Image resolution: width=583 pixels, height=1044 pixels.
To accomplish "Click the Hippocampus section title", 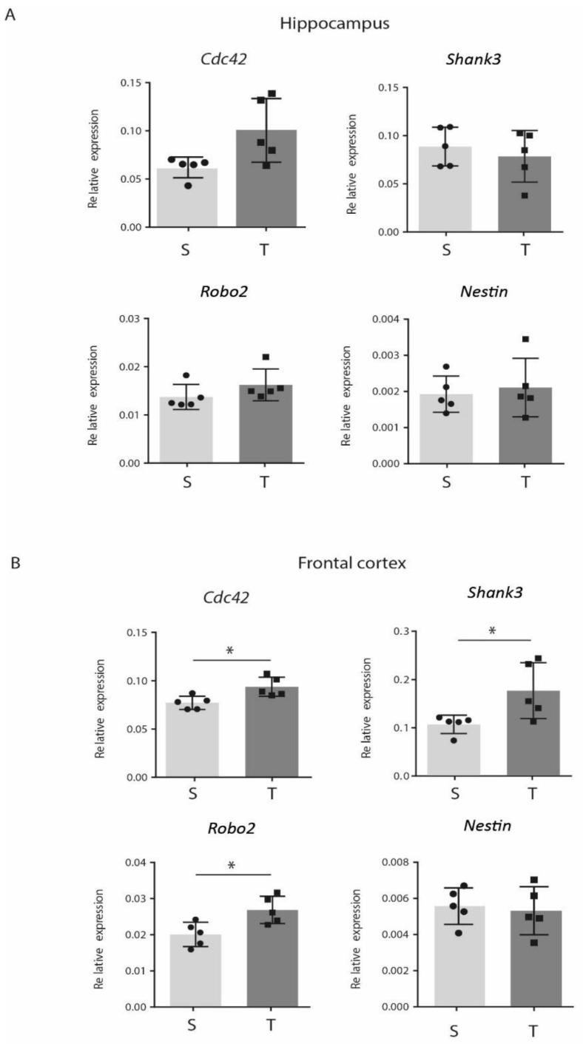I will pyautogui.click(x=334, y=23).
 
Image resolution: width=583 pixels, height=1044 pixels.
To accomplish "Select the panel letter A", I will pyautogui.click(x=10, y=14).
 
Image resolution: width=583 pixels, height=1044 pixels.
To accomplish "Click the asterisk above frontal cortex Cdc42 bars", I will pyautogui.click(x=229, y=650).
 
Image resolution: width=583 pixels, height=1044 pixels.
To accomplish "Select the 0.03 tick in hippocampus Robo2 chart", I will pyautogui.click(x=132, y=319).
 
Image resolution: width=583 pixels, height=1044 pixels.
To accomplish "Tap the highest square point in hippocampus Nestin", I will pyautogui.click(x=525, y=339).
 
